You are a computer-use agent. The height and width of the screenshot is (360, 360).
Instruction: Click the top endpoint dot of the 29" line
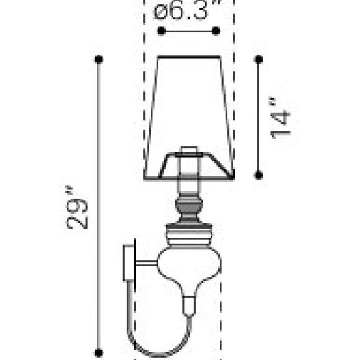(98, 59)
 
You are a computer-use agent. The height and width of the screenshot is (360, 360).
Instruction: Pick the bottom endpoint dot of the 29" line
(98, 353)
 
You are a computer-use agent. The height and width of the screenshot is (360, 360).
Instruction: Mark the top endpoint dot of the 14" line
(259, 59)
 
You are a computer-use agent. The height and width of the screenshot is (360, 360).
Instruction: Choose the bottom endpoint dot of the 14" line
(259, 175)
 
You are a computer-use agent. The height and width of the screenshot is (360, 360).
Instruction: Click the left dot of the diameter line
(161, 31)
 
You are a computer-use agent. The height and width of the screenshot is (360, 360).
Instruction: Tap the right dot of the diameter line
(216, 31)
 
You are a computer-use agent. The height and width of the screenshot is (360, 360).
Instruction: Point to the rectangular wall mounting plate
(129, 263)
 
